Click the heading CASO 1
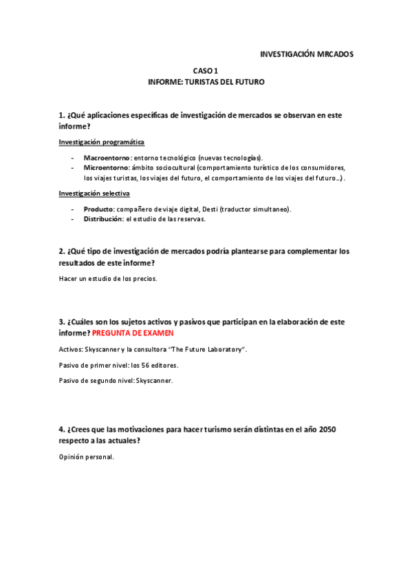tap(205, 71)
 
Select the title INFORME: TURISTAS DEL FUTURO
tap(206, 82)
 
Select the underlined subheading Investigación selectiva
tap(94, 194)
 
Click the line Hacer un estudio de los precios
tap(108, 278)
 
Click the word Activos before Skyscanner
tap(72, 349)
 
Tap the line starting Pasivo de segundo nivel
tap(116, 380)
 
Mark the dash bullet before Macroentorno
tap(72, 158)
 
